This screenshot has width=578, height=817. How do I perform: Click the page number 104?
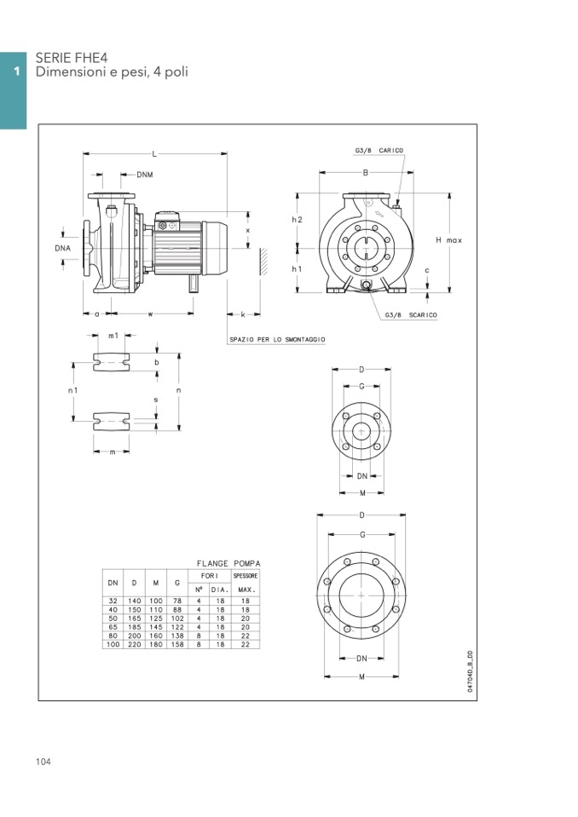tap(43, 762)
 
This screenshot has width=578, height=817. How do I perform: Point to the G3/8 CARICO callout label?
tap(379, 151)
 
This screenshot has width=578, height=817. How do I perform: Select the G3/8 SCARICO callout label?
tap(411, 314)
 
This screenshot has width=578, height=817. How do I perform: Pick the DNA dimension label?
tap(62, 248)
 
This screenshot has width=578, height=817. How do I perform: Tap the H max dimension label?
tap(448, 240)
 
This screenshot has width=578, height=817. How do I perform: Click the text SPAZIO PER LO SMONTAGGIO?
tap(277, 339)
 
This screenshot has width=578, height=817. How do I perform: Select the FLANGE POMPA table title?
tap(228, 563)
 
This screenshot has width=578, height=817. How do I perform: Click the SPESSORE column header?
tap(246, 577)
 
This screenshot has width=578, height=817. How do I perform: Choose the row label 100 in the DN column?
tap(113, 645)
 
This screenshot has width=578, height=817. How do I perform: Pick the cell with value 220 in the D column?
tap(135, 645)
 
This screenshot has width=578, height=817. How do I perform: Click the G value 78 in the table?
tap(177, 601)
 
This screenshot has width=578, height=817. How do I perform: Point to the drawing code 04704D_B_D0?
tap(470, 672)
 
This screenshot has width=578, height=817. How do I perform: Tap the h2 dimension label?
tap(297, 220)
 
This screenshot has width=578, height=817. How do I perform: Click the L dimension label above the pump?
tap(154, 154)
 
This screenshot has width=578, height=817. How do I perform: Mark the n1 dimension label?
tap(74, 390)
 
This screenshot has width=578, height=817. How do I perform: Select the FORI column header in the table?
tap(209, 577)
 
